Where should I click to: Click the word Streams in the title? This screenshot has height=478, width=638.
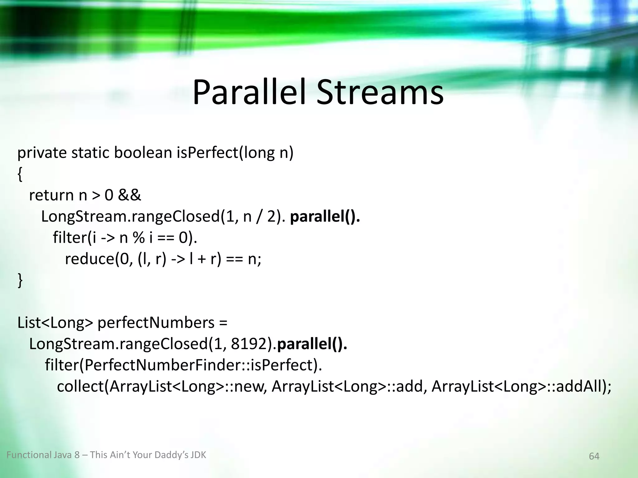[x=380, y=93]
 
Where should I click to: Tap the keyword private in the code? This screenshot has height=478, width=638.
[x=42, y=153]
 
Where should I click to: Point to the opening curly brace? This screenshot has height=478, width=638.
[x=20, y=175]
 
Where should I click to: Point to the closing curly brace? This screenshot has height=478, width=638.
[x=20, y=280]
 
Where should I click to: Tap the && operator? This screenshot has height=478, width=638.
[x=130, y=195]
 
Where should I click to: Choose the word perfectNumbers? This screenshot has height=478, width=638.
[x=156, y=323]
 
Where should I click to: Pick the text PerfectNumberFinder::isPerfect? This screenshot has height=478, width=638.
[x=198, y=365]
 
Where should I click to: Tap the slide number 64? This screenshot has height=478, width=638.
[x=594, y=456]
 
